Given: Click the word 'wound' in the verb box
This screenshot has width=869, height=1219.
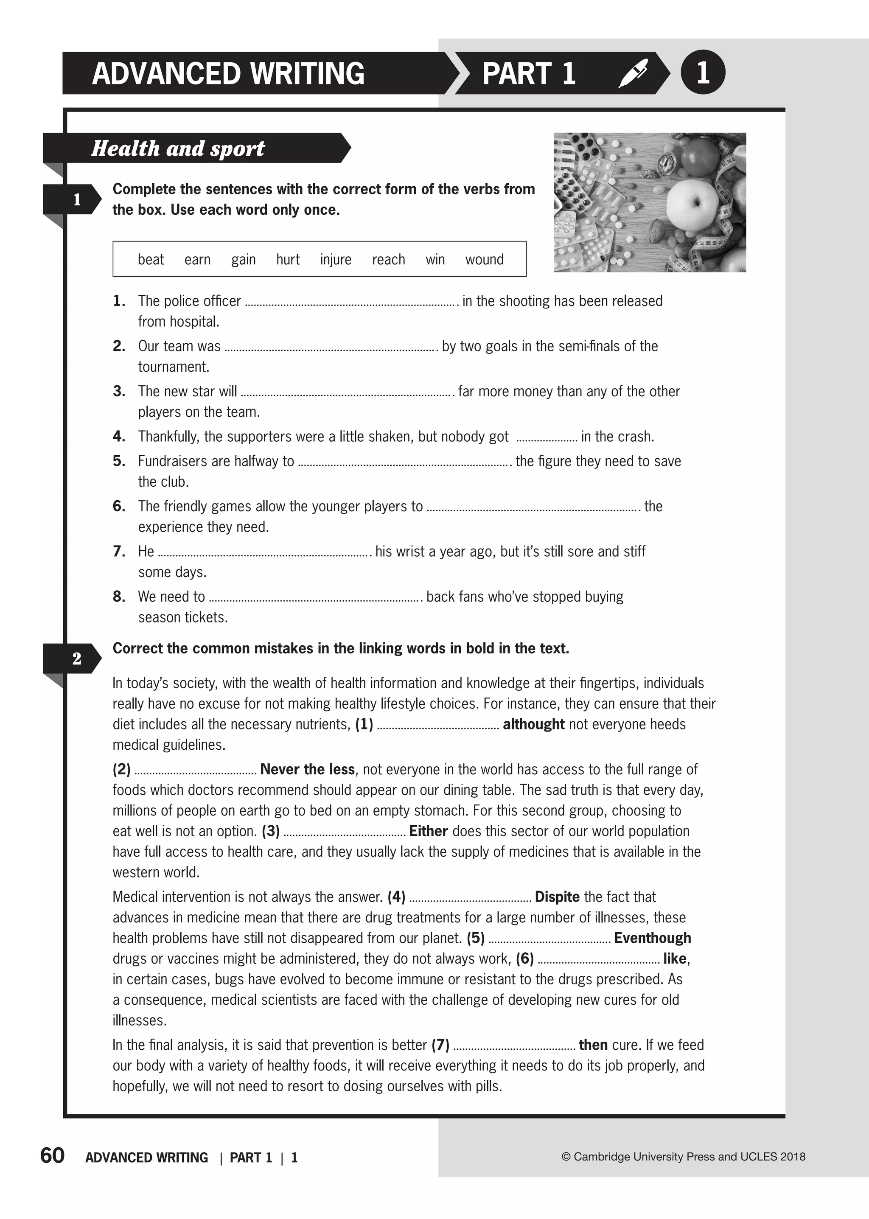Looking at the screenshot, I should [484, 260].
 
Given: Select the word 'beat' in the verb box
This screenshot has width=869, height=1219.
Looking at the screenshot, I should [151, 260].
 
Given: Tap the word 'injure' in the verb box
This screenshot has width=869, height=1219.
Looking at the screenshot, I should [336, 260].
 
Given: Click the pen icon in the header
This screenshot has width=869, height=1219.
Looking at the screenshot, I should [633, 73].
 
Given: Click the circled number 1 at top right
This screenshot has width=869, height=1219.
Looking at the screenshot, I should [703, 72].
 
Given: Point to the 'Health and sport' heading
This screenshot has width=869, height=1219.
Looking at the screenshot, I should [178, 148].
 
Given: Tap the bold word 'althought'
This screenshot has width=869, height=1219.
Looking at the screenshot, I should [533, 724].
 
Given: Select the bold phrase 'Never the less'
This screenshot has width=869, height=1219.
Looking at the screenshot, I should [307, 770].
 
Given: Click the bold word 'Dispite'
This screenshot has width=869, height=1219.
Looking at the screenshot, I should [557, 897].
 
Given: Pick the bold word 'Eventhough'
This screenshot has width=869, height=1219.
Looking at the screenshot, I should [652, 938].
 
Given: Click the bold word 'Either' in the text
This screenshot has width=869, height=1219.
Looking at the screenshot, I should [428, 831].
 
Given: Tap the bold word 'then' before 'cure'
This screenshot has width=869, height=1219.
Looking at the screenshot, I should [593, 1045].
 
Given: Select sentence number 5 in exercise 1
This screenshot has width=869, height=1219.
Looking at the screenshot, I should [119, 461].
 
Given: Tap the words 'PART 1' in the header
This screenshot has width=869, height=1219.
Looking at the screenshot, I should [529, 73].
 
